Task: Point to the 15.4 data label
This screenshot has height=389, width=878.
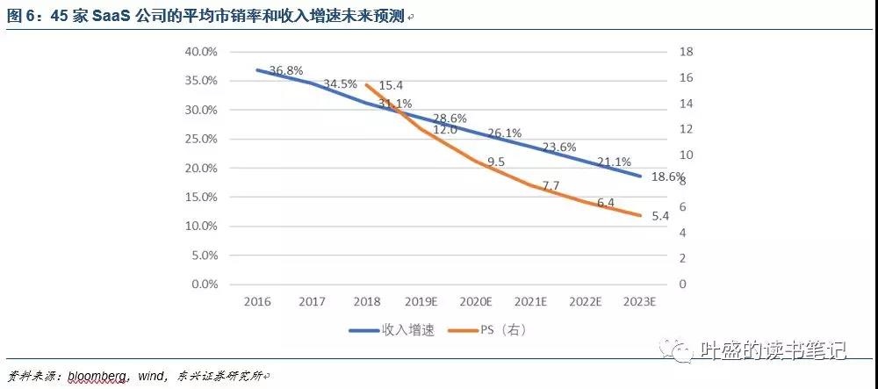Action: (390, 85)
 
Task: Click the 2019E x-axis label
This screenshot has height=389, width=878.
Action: (421, 301)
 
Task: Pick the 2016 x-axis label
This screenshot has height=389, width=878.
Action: (257, 301)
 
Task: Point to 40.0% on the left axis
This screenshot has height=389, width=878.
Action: (201, 52)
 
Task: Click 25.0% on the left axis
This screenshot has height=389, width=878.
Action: (201, 139)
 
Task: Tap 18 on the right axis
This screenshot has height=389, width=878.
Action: (686, 52)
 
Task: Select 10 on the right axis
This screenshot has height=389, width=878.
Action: (686, 155)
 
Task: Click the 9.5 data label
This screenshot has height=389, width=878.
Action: (496, 162)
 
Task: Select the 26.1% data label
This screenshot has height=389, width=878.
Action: (506, 133)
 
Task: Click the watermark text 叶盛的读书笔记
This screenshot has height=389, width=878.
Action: (774, 350)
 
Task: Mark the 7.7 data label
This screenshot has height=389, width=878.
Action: (551, 186)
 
